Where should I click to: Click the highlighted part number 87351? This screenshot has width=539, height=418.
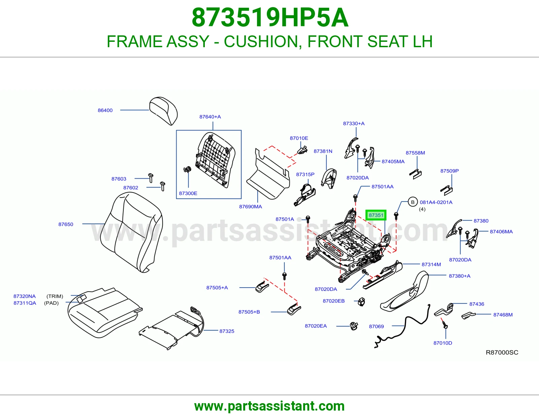376,215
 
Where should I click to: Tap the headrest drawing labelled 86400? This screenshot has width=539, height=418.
164,111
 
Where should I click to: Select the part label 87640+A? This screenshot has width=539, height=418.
210,117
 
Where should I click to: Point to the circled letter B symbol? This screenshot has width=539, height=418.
413,202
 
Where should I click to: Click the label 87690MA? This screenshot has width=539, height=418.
251,207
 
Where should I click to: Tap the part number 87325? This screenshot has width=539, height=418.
227,331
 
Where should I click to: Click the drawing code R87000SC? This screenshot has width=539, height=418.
502,353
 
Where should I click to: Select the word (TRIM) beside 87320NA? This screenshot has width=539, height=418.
55,296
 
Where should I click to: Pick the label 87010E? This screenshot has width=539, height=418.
299,138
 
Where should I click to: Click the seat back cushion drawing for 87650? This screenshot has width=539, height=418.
131,232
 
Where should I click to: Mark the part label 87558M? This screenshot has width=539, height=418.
415,153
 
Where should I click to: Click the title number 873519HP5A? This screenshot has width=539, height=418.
270,18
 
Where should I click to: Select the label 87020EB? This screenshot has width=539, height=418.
334,301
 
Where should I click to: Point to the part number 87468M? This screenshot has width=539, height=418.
503,315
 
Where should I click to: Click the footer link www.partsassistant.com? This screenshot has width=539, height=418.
269,406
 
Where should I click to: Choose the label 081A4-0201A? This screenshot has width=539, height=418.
436,202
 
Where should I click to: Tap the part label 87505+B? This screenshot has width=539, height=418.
249,312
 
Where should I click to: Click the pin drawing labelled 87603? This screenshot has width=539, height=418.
151,178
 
